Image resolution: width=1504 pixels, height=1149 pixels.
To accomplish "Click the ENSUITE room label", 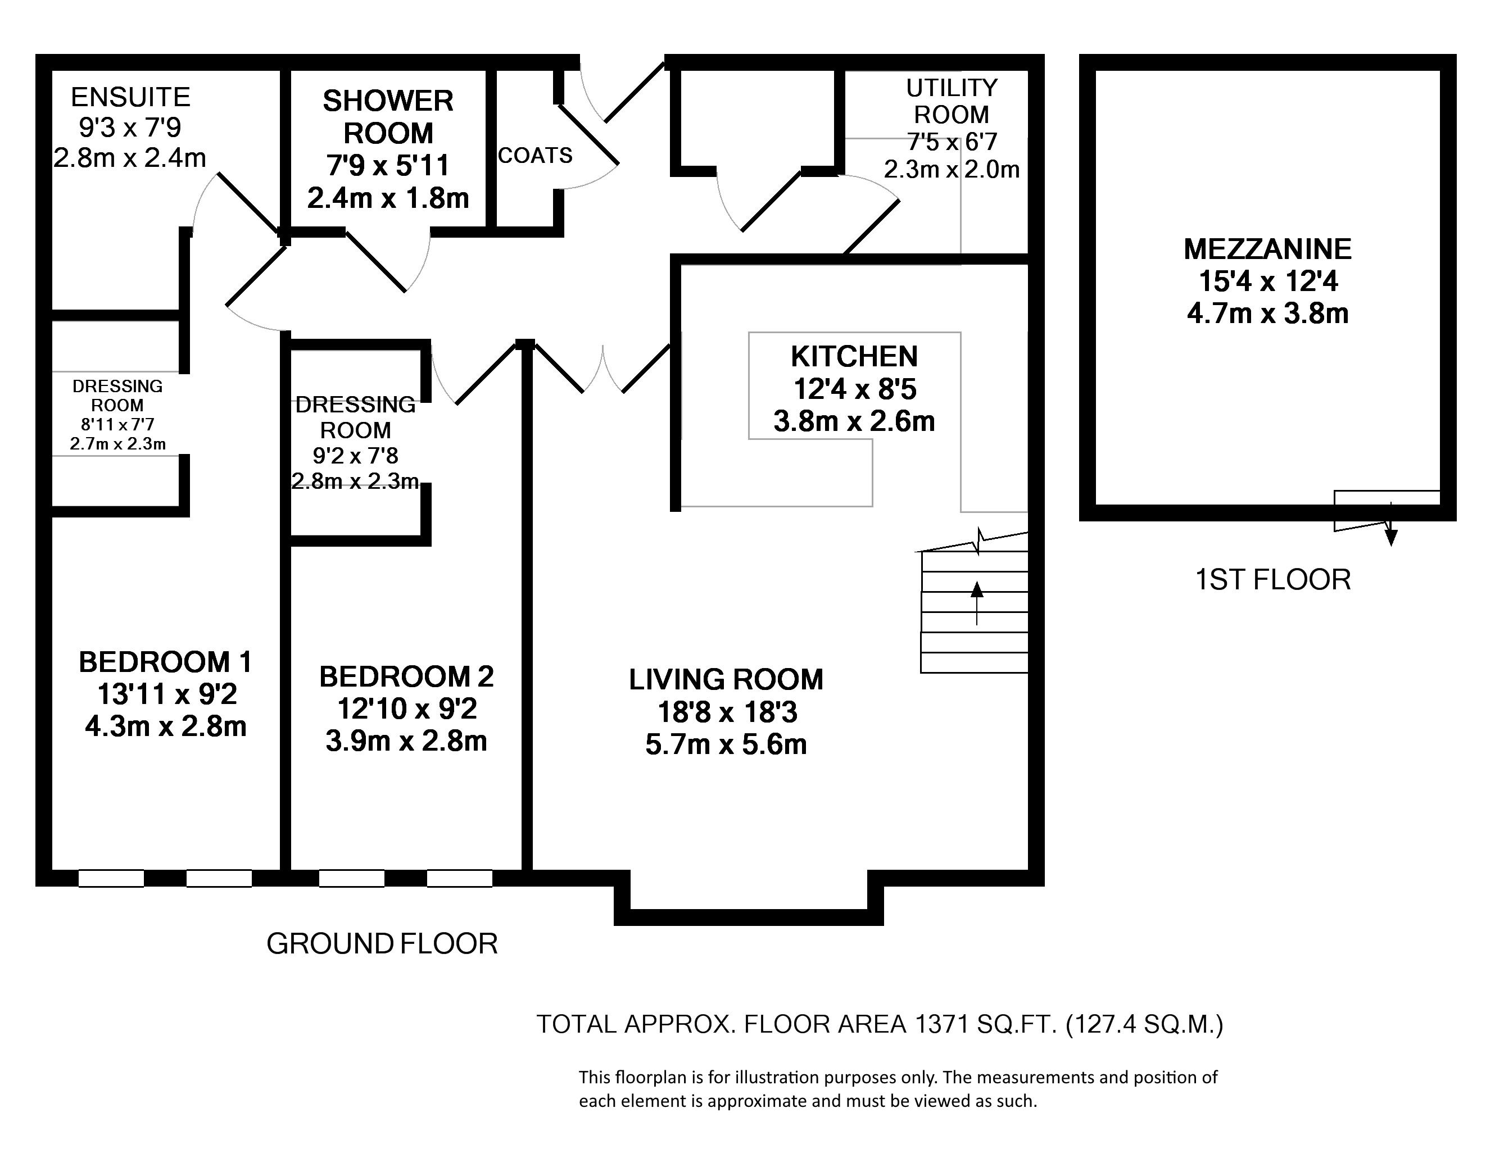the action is pyautogui.click(x=130, y=97).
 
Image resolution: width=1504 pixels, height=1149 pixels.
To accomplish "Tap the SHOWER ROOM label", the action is pyautogui.click(x=388, y=117).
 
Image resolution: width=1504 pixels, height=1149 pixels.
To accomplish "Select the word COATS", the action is pyautogui.click(x=535, y=156).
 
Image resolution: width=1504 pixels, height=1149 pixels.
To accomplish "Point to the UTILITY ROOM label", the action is pyautogui.click(x=952, y=101).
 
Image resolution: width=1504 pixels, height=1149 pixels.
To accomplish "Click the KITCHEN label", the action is pyautogui.click(x=854, y=356).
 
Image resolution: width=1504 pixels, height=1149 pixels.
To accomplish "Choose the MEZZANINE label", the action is pyautogui.click(x=1267, y=249).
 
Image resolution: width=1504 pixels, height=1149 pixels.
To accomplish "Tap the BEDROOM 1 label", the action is pyautogui.click(x=165, y=662).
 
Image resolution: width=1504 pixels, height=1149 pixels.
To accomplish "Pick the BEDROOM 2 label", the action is pyautogui.click(x=406, y=676).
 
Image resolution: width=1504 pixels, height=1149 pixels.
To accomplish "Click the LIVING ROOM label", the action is pyautogui.click(x=726, y=680).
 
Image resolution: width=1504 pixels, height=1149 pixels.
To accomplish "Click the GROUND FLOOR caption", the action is pyautogui.click(x=382, y=944).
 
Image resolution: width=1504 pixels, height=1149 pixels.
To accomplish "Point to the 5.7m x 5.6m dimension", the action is pyautogui.click(x=726, y=744).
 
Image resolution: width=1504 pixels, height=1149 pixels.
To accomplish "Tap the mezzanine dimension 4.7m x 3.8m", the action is pyautogui.click(x=1267, y=314).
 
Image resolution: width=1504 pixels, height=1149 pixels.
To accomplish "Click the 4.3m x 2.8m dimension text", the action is pyautogui.click(x=165, y=726).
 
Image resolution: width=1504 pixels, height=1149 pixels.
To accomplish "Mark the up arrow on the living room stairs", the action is pyautogui.click(x=977, y=602).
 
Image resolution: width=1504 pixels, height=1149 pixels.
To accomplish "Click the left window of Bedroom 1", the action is pyautogui.click(x=111, y=878).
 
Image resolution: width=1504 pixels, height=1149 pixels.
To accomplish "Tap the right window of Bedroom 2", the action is pyautogui.click(x=460, y=878).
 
